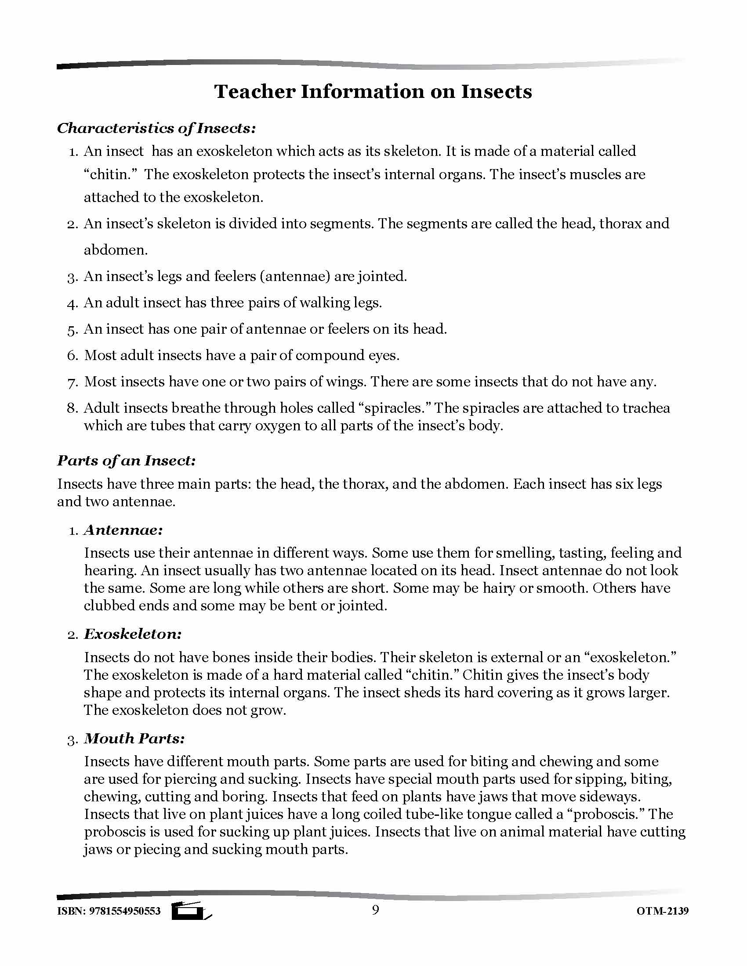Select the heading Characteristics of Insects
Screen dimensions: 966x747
coord(156,128)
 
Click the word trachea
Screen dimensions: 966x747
coord(646,408)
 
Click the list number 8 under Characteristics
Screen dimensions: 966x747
coord(73,408)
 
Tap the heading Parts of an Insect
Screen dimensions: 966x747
coord(126,461)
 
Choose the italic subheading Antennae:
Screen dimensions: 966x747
coord(123,530)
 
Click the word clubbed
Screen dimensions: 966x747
coord(109,606)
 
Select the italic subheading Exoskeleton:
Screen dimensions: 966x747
coord(133,634)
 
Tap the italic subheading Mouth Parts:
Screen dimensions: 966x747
coord(134,739)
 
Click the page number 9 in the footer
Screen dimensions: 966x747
coord(375,910)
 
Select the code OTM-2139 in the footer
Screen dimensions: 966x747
coord(663,911)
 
